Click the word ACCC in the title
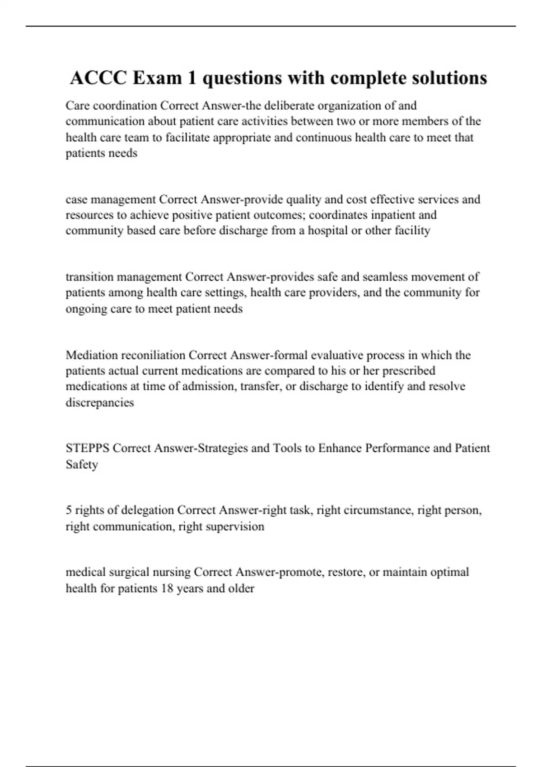(98, 78)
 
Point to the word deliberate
(286, 106)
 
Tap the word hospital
(327, 231)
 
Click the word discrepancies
(100, 402)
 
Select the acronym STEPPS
(88, 448)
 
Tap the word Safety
(82, 464)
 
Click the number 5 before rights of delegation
(69, 510)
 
